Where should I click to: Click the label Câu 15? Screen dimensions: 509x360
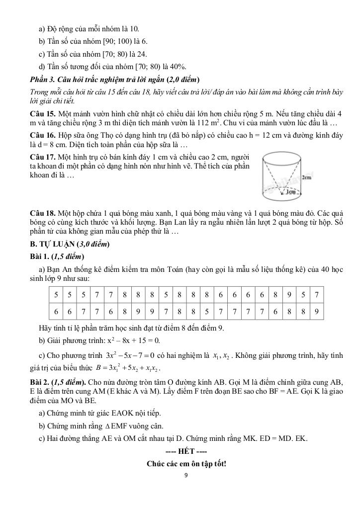(42, 114)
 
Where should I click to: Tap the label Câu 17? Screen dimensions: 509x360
(42, 157)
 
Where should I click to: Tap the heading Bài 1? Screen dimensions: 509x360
(41, 256)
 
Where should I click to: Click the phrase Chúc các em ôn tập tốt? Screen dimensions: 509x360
(186, 464)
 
